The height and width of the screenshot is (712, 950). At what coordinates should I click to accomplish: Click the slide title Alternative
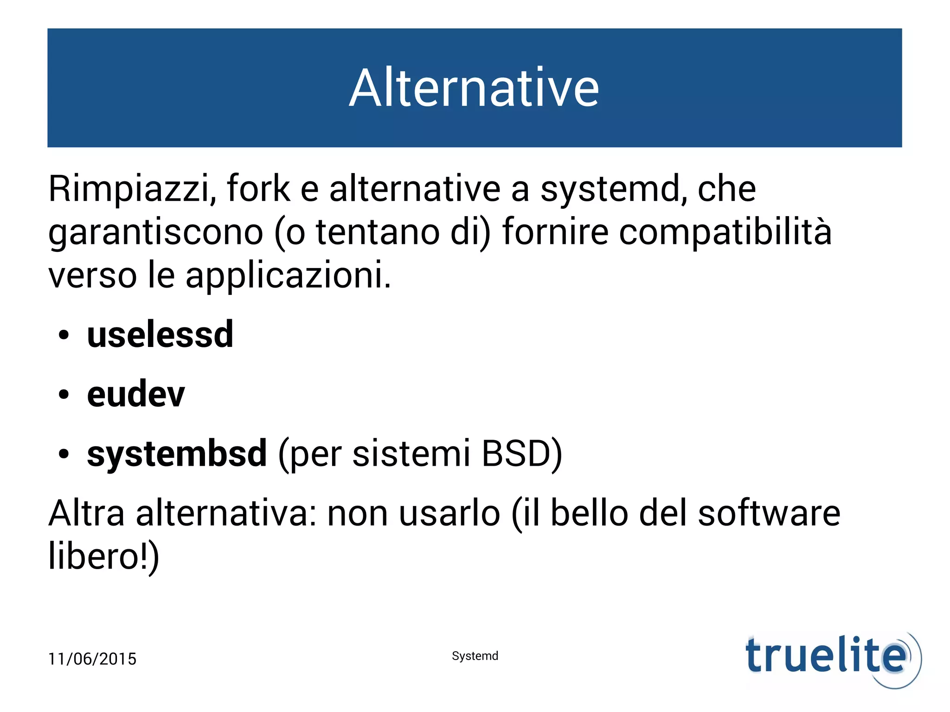click(474, 88)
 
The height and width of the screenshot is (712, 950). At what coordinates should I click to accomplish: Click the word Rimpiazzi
click(131, 189)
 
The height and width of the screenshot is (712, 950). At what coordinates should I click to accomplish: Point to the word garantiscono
click(156, 233)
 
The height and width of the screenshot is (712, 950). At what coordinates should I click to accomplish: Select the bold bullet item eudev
click(136, 394)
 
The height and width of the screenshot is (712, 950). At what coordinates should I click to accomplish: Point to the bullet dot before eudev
click(64, 395)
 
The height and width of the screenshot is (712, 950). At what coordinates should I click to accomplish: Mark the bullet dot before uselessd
click(64, 335)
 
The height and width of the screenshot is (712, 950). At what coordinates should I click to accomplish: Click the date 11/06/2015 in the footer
click(92, 659)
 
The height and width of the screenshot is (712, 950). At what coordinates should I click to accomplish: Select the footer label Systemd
click(475, 656)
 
